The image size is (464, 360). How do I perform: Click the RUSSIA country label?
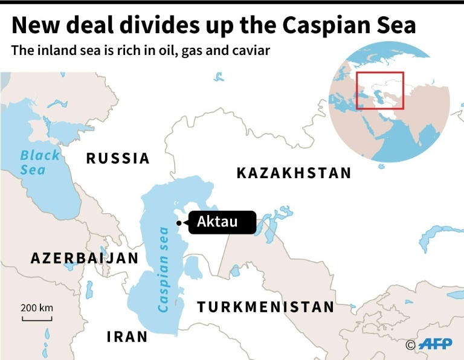click(x=118, y=158)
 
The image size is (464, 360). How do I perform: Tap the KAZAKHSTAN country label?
click(x=294, y=173)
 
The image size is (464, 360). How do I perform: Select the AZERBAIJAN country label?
click(x=85, y=258)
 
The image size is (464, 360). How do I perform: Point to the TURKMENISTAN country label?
click(x=265, y=307)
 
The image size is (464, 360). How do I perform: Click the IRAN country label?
click(x=127, y=336)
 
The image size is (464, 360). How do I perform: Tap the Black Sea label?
click(x=40, y=162)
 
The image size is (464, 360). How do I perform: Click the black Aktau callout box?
click(x=222, y=222)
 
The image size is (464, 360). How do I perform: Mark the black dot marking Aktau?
click(x=179, y=223)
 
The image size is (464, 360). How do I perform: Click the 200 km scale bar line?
click(x=37, y=318)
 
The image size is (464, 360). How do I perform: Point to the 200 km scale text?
click(x=37, y=307)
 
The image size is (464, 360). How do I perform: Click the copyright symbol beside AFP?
click(x=410, y=345)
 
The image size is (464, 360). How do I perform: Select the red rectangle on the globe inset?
click(x=379, y=91)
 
